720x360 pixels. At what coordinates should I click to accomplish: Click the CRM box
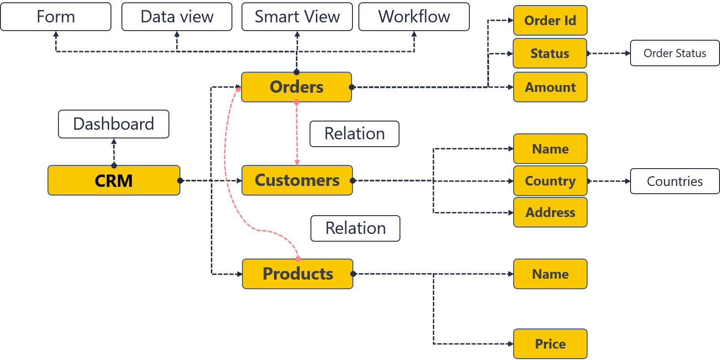pyautogui.click(x=114, y=180)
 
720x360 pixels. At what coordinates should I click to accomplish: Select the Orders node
pyautogui.click(x=296, y=87)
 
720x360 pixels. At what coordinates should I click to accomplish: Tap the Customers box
pyautogui.click(x=297, y=180)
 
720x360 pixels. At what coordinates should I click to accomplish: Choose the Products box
pyautogui.click(x=297, y=274)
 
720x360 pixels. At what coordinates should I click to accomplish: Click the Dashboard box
pyautogui.click(x=114, y=124)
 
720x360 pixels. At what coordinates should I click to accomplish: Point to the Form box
pyautogui.click(x=56, y=17)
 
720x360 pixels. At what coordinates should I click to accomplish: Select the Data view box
pyautogui.click(x=177, y=17)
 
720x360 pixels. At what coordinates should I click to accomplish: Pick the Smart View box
pyautogui.click(x=297, y=17)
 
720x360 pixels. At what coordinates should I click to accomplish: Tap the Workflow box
pyautogui.click(x=414, y=17)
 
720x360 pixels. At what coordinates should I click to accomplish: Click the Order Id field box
pyautogui.click(x=550, y=21)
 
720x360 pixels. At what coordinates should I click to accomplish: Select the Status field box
pyautogui.click(x=550, y=53)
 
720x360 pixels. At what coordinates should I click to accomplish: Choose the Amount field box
pyautogui.click(x=550, y=87)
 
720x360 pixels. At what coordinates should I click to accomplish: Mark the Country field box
pyautogui.click(x=550, y=181)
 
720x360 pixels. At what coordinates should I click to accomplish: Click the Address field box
pyautogui.click(x=550, y=212)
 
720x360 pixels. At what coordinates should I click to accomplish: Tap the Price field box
pyautogui.click(x=550, y=344)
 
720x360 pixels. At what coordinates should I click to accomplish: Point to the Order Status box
pyautogui.click(x=675, y=53)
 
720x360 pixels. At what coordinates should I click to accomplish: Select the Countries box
pyautogui.click(x=675, y=181)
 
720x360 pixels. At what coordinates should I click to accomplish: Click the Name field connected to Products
pyautogui.click(x=550, y=274)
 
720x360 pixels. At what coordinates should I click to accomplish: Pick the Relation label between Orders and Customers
pyautogui.click(x=354, y=134)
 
